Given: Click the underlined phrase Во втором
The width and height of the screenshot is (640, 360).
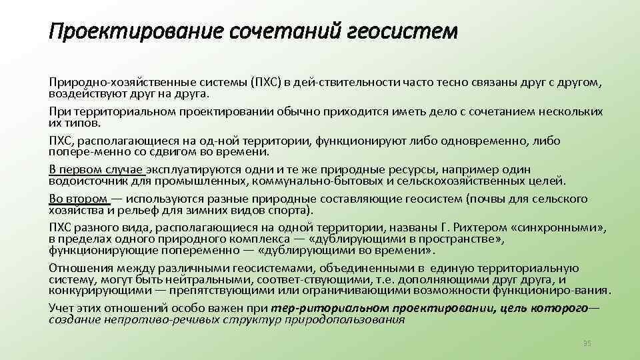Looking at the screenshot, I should pos(78,199).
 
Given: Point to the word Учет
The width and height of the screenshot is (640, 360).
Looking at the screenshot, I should pos(62,308).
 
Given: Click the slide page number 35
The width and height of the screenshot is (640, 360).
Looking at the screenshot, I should pos(587,343).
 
